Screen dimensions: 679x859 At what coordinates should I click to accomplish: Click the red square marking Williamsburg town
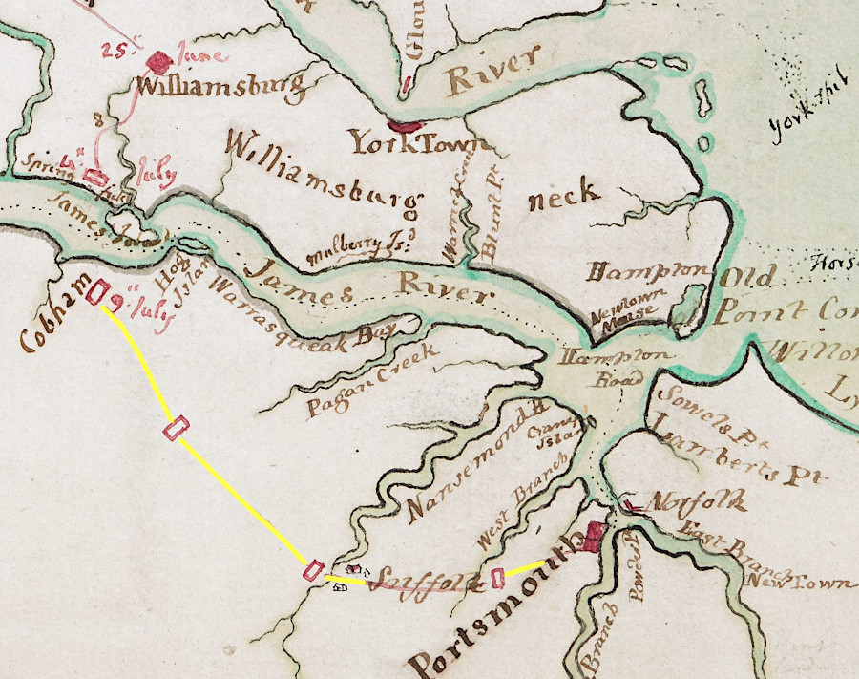(159, 61)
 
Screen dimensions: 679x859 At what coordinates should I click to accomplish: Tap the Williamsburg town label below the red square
(221, 88)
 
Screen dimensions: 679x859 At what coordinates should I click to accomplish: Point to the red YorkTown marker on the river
(405, 124)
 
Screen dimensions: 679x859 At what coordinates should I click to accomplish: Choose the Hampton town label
(648, 271)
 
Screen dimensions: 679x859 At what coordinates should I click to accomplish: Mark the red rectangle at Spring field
(94, 176)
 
